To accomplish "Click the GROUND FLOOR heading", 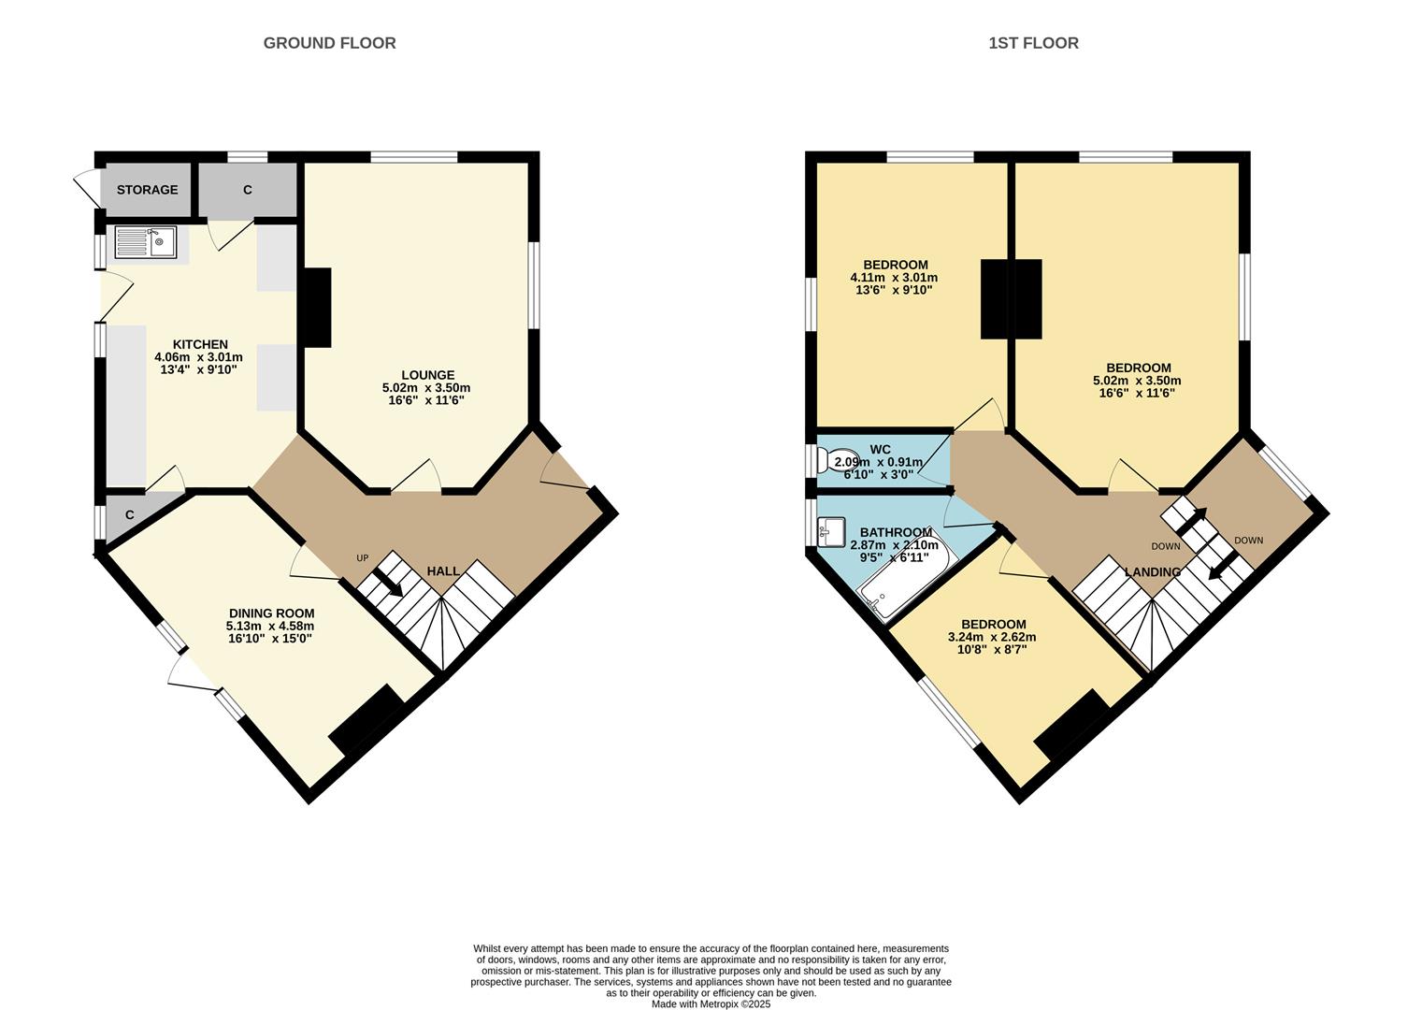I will pos(329,43).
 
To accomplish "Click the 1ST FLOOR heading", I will pos(1033,43).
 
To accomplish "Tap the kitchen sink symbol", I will pos(145,243).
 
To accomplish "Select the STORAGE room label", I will pos(147,190).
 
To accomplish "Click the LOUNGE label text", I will pos(427,375).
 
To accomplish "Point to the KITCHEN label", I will pos(200,344).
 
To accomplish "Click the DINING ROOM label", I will pos(271,613).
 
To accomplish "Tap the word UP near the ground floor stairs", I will pos(363,558).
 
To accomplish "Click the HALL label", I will pos(443,570).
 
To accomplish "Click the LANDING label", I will pos(1152,571).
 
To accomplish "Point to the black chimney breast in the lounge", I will pos(317,308).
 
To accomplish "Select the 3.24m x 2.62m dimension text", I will pos(992,637).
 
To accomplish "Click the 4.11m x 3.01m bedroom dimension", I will pos(893,278).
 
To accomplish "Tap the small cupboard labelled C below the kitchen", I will pos(130,515).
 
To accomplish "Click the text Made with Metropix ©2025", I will pos(711,1003).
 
